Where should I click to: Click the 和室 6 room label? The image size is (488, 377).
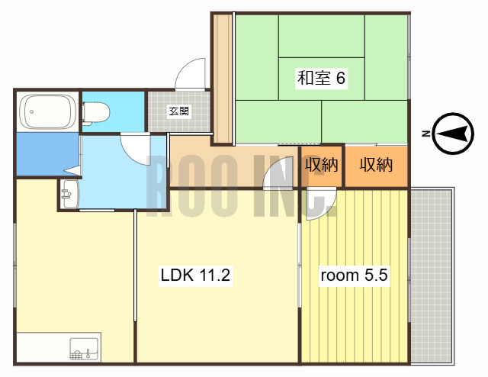pyautogui.click(x=321, y=78)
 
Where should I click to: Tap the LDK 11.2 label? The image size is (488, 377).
pyautogui.click(x=195, y=275)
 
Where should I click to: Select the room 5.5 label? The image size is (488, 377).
pyautogui.click(x=354, y=275)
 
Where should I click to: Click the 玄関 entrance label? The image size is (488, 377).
pyautogui.click(x=179, y=111)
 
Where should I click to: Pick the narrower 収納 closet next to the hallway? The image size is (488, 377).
pyautogui.click(x=321, y=166)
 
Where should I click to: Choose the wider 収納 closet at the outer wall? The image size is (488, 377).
pyautogui.click(x=376, y=166)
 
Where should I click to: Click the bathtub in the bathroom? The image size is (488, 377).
pyautogui.click(x=47, y=111)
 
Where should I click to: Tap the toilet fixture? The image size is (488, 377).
pyautogui.click(x=96, y=112)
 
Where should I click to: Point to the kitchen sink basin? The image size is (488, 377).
pyautogui.click(x=84, y=349)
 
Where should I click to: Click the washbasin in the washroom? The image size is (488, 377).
pyautogui.click(x=69, y=194)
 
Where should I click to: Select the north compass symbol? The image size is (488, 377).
pyautogui.click(x=453, y=134)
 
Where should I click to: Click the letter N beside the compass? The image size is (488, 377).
pyautogui.click(x=425, y=134)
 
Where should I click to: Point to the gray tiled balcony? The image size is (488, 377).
pyautogui.click(x=432, y=275)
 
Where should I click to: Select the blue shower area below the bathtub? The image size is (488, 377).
pyautogui.click(x=47, y=154)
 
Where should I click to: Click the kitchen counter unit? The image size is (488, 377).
pyautogui.click(x=59, y=347)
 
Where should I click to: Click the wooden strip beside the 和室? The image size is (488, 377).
pyautogui.click(x=223, y=79)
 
